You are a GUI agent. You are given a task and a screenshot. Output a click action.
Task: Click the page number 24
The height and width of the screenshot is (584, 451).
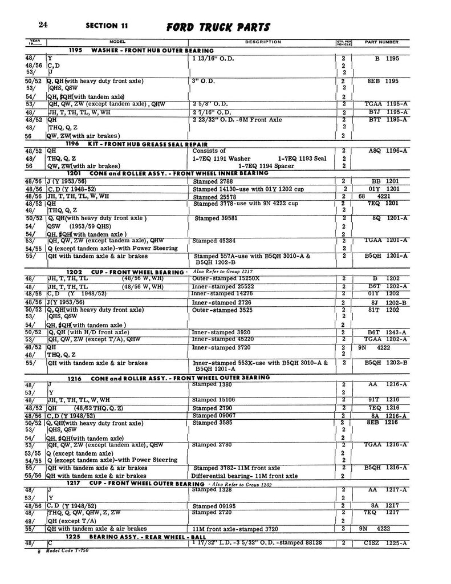(43, 25)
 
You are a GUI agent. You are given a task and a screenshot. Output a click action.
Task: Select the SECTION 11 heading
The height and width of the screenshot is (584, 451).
(107, 26)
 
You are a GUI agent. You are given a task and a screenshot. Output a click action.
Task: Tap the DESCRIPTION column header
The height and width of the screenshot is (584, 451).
(263, 42)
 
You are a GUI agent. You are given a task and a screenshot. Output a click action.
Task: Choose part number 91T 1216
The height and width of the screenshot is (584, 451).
(386, 400)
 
